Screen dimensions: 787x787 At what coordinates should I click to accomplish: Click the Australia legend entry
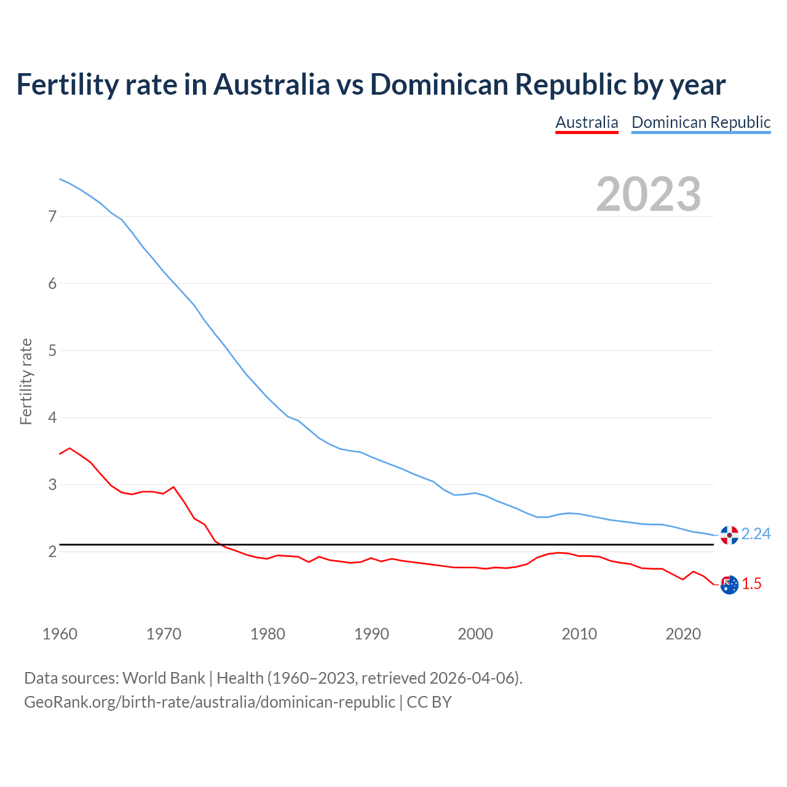(x=587, y=122)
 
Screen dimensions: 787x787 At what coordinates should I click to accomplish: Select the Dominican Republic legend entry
(x=701, y=122)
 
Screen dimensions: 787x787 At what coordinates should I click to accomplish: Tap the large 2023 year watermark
(x=649, y=194)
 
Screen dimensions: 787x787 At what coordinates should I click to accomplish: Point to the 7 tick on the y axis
(x=52, y=216)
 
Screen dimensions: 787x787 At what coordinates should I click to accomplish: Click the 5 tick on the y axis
(x=52, y=350)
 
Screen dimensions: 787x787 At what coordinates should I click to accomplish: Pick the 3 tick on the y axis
(x=52, y=484)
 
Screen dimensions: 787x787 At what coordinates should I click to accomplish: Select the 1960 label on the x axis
(x=60, y=633)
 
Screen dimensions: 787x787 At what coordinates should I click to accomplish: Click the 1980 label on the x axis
(x=267, y=633)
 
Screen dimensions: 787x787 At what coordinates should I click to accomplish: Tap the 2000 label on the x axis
(x=475, y=633)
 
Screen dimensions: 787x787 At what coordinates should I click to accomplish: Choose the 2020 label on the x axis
(x=683, y=633)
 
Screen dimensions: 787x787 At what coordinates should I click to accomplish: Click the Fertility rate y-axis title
(x=26, y=381)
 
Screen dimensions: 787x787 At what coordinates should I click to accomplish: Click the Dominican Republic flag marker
(x=729, y=535)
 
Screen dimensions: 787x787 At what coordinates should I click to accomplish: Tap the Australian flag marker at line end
(x=729, y=585)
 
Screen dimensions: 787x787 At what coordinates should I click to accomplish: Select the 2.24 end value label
(x=756, y=534)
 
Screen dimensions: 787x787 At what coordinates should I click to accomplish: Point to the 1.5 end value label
(x=751, y=583)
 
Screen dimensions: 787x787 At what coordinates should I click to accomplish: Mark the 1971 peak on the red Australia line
(x=173, y=487)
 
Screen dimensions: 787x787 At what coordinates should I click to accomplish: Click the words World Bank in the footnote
(x=164, y=678)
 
